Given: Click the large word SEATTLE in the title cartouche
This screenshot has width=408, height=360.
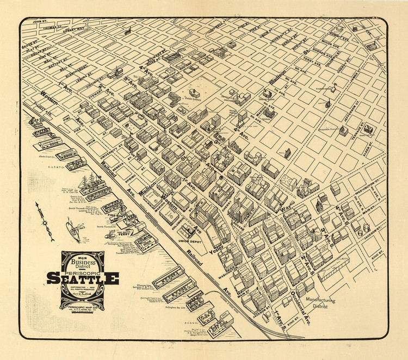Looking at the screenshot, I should coord(83,278).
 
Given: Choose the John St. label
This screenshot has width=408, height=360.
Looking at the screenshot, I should coord(41,22).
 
